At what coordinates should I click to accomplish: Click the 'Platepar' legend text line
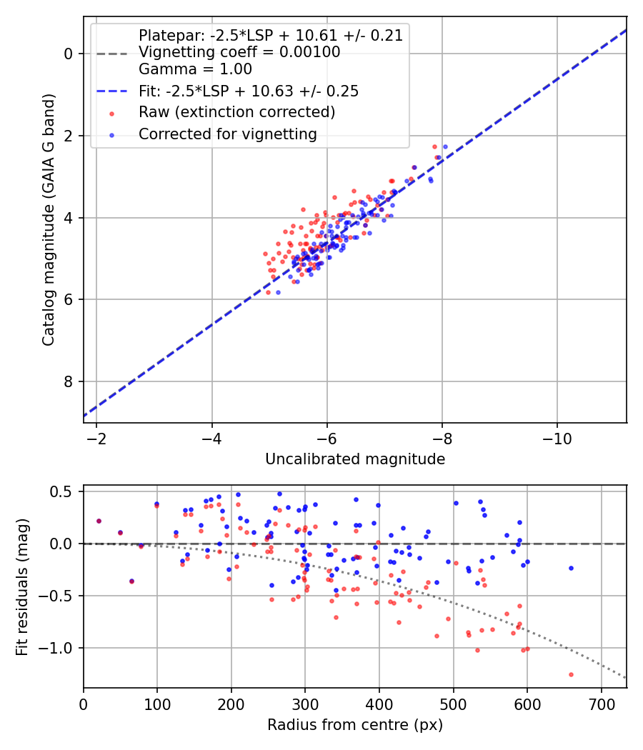(270, 36)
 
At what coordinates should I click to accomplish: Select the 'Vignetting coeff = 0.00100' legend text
(239, 52)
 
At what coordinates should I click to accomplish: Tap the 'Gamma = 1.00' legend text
(195, 69)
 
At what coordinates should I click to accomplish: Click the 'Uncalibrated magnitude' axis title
(355, 459)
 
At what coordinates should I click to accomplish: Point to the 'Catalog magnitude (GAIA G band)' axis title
(48, 219)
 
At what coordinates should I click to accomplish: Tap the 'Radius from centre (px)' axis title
(355, 725)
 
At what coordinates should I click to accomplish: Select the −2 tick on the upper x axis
(96, 438)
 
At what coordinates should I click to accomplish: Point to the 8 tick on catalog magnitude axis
(69, 381)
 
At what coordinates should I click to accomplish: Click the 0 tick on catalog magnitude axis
(69, 54)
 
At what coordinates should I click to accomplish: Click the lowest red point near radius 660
(571, 674)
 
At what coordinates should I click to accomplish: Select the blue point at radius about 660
(571, 568)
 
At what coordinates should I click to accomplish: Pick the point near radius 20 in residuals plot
(99, 521)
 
